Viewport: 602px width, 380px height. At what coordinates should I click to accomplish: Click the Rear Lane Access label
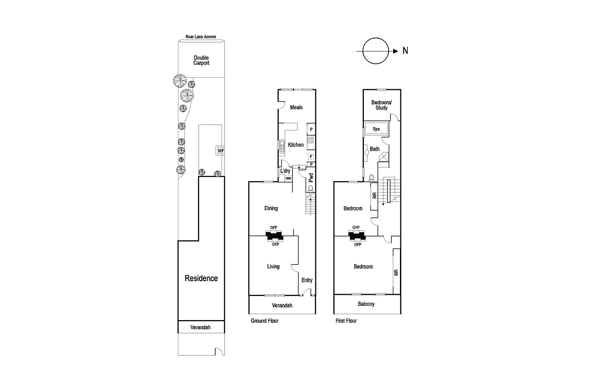[x=201, y=37]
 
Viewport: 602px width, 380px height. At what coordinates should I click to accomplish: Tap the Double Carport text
[x=201, y=60]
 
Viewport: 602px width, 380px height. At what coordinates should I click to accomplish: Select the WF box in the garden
[x=220, y=151]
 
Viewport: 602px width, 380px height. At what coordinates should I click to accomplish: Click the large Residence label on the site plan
[x=201, y=278]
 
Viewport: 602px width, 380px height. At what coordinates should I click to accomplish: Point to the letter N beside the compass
[x=405, y=51]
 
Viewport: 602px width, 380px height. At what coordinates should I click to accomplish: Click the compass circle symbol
[x=375, y=51]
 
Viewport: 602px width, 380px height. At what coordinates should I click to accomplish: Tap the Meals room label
[x=296, y=107]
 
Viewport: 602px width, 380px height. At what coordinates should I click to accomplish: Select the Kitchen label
[x=296, y=145]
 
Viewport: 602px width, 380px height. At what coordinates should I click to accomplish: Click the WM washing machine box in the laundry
[x=288, y=179]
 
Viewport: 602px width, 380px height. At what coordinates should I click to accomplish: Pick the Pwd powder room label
[x=311, y=178]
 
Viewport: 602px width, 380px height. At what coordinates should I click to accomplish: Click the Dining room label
[x=271, y=208]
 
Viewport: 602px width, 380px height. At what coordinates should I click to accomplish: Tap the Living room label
[x=273, y=267]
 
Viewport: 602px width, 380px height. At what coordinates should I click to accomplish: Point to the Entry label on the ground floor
[x=307, y=280]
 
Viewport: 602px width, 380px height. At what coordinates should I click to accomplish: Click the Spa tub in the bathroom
[x=376, y=129]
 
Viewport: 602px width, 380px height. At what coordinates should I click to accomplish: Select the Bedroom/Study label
[x=381, y=105]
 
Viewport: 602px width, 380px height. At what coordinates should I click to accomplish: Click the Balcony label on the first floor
[x=366, y=304]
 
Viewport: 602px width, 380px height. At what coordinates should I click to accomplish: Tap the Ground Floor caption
[x=265, y=321]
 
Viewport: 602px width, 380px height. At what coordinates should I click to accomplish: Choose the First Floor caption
[x=346, y=321]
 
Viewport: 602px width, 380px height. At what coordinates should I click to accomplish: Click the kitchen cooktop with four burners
[x=311, y=140]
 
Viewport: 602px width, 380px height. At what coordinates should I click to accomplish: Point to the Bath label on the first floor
[x=375, y=149]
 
